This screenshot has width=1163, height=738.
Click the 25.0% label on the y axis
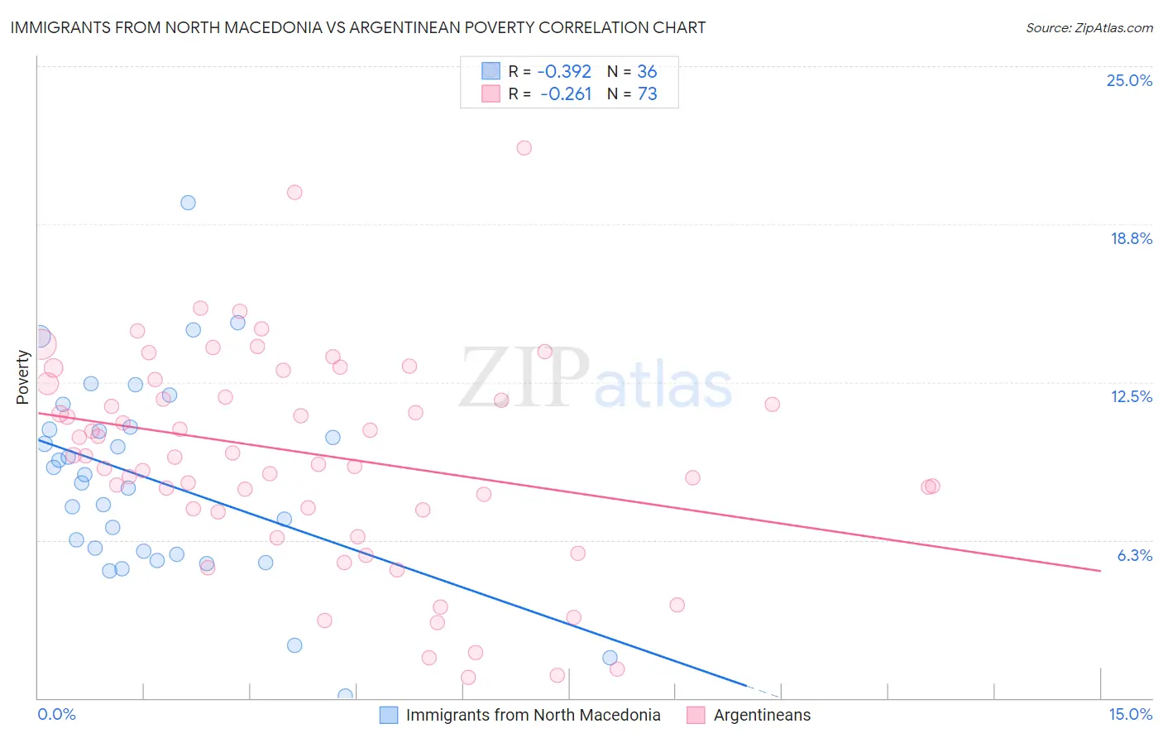[1129, 80]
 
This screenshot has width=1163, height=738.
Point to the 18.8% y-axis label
[1131, 238]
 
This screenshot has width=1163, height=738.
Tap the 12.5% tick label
[1131, 396]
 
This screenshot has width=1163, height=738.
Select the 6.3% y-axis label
[1134, 555]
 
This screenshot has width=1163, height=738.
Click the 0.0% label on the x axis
[56, 714]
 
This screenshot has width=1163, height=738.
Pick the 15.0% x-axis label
[1130, 714]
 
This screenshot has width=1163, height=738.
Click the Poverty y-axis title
[22, 377]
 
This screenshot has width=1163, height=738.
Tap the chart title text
[358, 27]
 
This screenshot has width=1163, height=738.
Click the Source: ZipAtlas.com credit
[1089, 27]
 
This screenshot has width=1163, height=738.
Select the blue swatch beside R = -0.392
[491, 71]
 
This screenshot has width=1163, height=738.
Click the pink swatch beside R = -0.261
[491, 93]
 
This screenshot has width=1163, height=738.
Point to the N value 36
[647, 71]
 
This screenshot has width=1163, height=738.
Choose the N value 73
[647, 93]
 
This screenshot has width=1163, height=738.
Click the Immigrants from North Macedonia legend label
[533, 715]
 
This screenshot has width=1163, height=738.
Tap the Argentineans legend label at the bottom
[762, 715]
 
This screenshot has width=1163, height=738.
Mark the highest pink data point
[524, 148]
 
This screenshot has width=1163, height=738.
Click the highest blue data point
[188, 203]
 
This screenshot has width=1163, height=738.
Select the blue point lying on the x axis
[345, 696]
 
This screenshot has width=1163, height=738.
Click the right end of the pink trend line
[1100, 571]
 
